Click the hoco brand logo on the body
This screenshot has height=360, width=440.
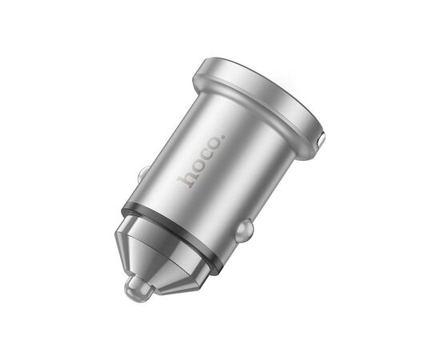pyautogui.click(x=202, y=162)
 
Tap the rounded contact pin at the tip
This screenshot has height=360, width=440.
pyautogui.click(x=138, y=289)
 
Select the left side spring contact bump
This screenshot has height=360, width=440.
pyautogui.click(x=143, y=174)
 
